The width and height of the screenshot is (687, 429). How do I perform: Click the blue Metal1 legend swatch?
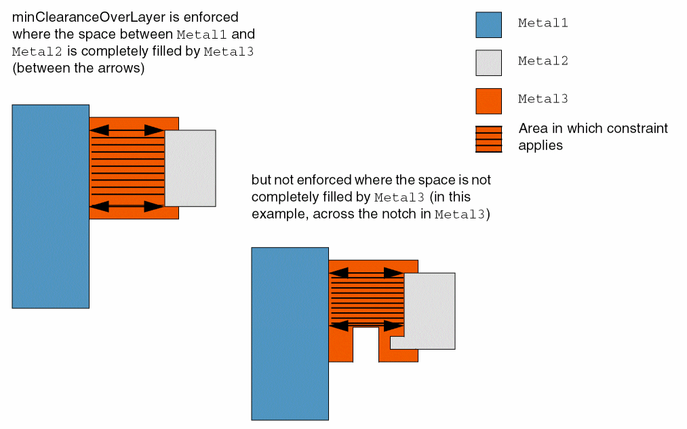pos(488,25)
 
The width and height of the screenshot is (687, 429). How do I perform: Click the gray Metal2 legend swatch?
pos(488,63)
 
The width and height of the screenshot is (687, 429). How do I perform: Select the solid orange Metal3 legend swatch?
pos(488,101)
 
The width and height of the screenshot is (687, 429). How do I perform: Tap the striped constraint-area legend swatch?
pos(488,139)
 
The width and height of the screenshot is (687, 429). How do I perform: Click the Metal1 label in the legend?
pos(543,23)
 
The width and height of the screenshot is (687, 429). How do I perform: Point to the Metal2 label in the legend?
pos(543,61)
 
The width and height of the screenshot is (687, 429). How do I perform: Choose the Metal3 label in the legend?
pos(543,99)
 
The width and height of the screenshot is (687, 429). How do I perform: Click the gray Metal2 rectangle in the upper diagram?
pos(190,168)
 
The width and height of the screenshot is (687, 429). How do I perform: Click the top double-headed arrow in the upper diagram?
pos(126,130)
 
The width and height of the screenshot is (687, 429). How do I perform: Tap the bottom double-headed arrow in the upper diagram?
pos(126,206)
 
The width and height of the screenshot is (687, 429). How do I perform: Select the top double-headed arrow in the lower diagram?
pos(366,273)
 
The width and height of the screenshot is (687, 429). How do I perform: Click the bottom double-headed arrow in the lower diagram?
pos(366,326)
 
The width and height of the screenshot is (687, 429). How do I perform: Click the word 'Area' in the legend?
pos(531,128)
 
